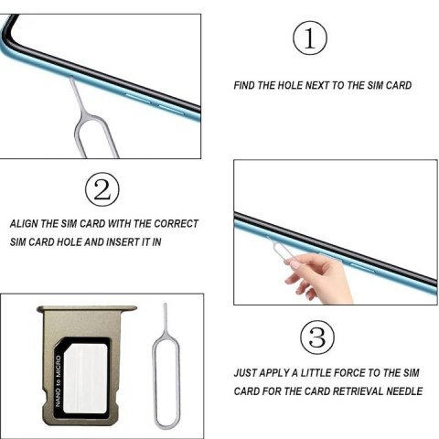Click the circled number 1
click(310, 37)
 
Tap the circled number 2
click(102, 189)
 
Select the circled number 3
click(317, 337)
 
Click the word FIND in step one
click(244, 85)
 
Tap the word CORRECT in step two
click(176, 224)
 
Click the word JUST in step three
click(245, 373)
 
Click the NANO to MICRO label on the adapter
click(58, 380)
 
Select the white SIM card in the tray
click(85, 378)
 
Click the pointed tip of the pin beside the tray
click(165, 305)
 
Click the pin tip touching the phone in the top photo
click(71, 78)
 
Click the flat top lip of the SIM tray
click(87, 309)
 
